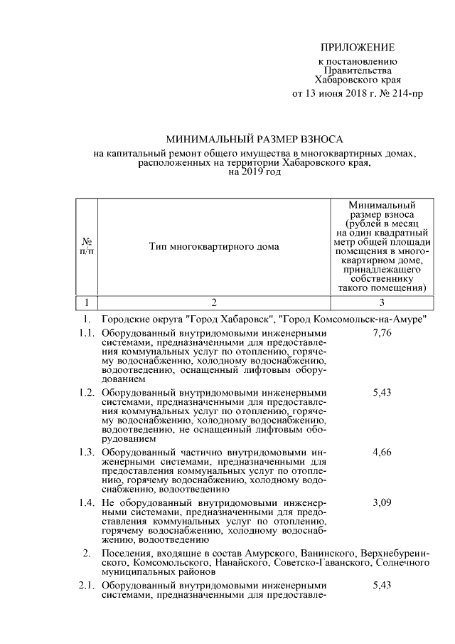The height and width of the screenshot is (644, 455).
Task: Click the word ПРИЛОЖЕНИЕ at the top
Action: [x=357, y=48]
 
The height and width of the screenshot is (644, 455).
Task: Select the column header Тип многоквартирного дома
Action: [x=214, y=246]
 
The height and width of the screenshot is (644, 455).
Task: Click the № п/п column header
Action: [x=86, y=246]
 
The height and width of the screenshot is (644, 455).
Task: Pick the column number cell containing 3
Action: [x=382, y=302]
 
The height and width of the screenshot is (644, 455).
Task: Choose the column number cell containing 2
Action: [x=214, y=302]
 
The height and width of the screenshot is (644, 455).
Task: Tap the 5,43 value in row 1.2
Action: [x=382, y=392]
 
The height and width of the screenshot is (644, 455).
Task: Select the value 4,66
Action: [x=382, y=452]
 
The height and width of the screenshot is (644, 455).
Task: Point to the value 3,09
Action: [x=382, y=502]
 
